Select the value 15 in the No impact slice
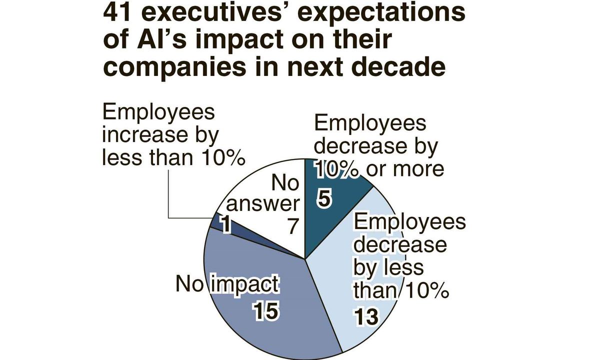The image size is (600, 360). pos(265,311)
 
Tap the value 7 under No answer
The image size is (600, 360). pos(292,227)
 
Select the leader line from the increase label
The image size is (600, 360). pos(169,200)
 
